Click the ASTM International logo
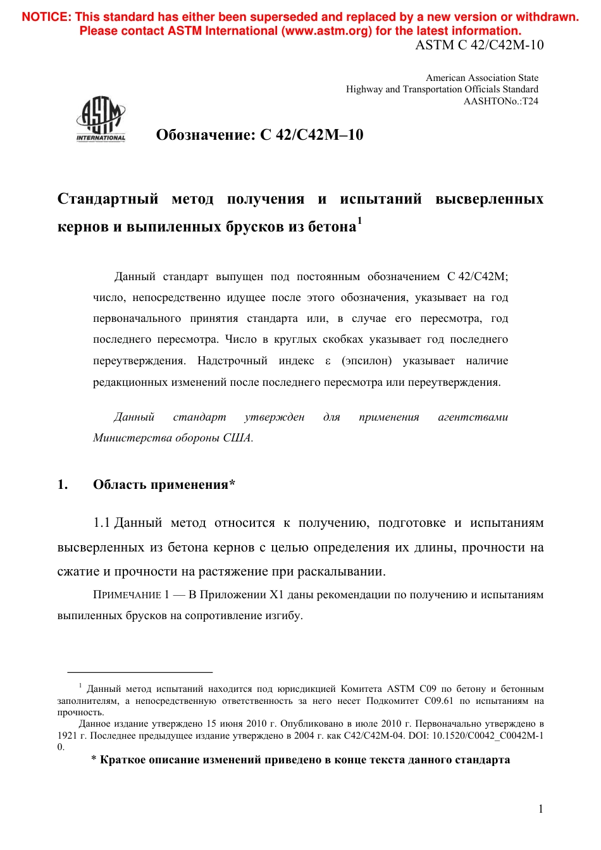pos(101,119)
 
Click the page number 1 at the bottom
pos(540,809)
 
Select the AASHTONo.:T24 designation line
pos(500,101)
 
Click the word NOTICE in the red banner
pos(46,17)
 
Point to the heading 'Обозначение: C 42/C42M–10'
pos(259,135)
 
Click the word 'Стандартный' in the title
pos(108,199)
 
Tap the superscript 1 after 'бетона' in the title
pos(359,221)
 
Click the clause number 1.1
pos(101,523)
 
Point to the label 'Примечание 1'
pos(131,595)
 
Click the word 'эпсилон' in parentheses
pos(367,361)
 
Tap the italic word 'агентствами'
pos(473,417)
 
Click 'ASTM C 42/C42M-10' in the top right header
pos(479,45)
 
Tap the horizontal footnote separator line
pos(140,672)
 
